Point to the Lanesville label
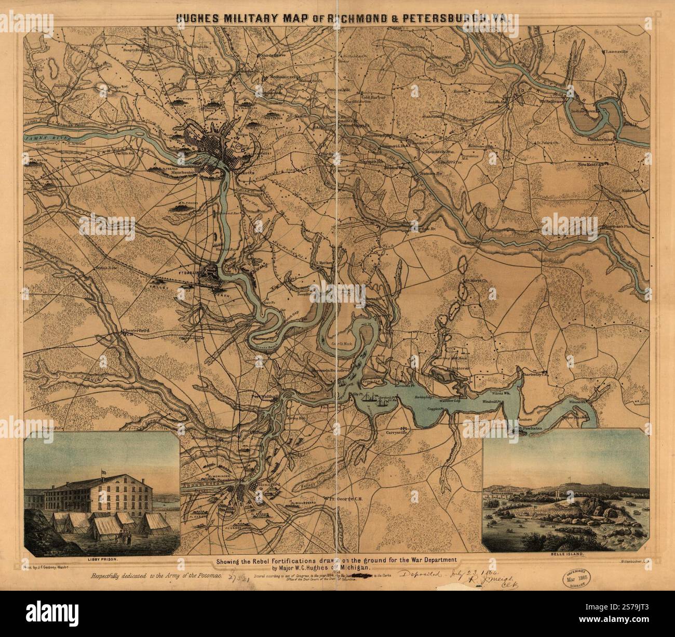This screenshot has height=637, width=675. (616, 52)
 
